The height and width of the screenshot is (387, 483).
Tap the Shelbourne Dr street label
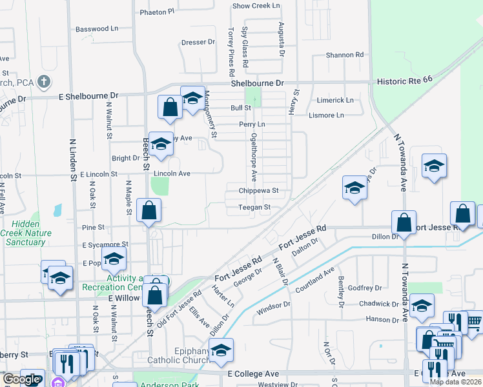click(258, 84)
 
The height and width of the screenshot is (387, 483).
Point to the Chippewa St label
click(258, 191)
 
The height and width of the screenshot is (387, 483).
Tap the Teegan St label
click(254, 207)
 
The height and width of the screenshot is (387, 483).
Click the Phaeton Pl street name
click(157, 12)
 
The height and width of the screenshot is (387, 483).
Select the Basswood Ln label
click(98, 29)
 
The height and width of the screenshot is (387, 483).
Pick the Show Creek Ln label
click(256, 6)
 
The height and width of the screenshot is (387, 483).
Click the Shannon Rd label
click(345, 55)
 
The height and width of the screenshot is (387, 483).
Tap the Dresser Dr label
click(198, 42)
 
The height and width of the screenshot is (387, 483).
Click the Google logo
click(21, 379)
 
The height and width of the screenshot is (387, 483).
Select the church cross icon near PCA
click(43, 82)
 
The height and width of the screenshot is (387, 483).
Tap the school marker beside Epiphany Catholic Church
click(221, 351)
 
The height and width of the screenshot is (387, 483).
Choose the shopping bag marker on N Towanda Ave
click(404, 223)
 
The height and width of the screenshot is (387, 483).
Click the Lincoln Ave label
click(171, 174)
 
